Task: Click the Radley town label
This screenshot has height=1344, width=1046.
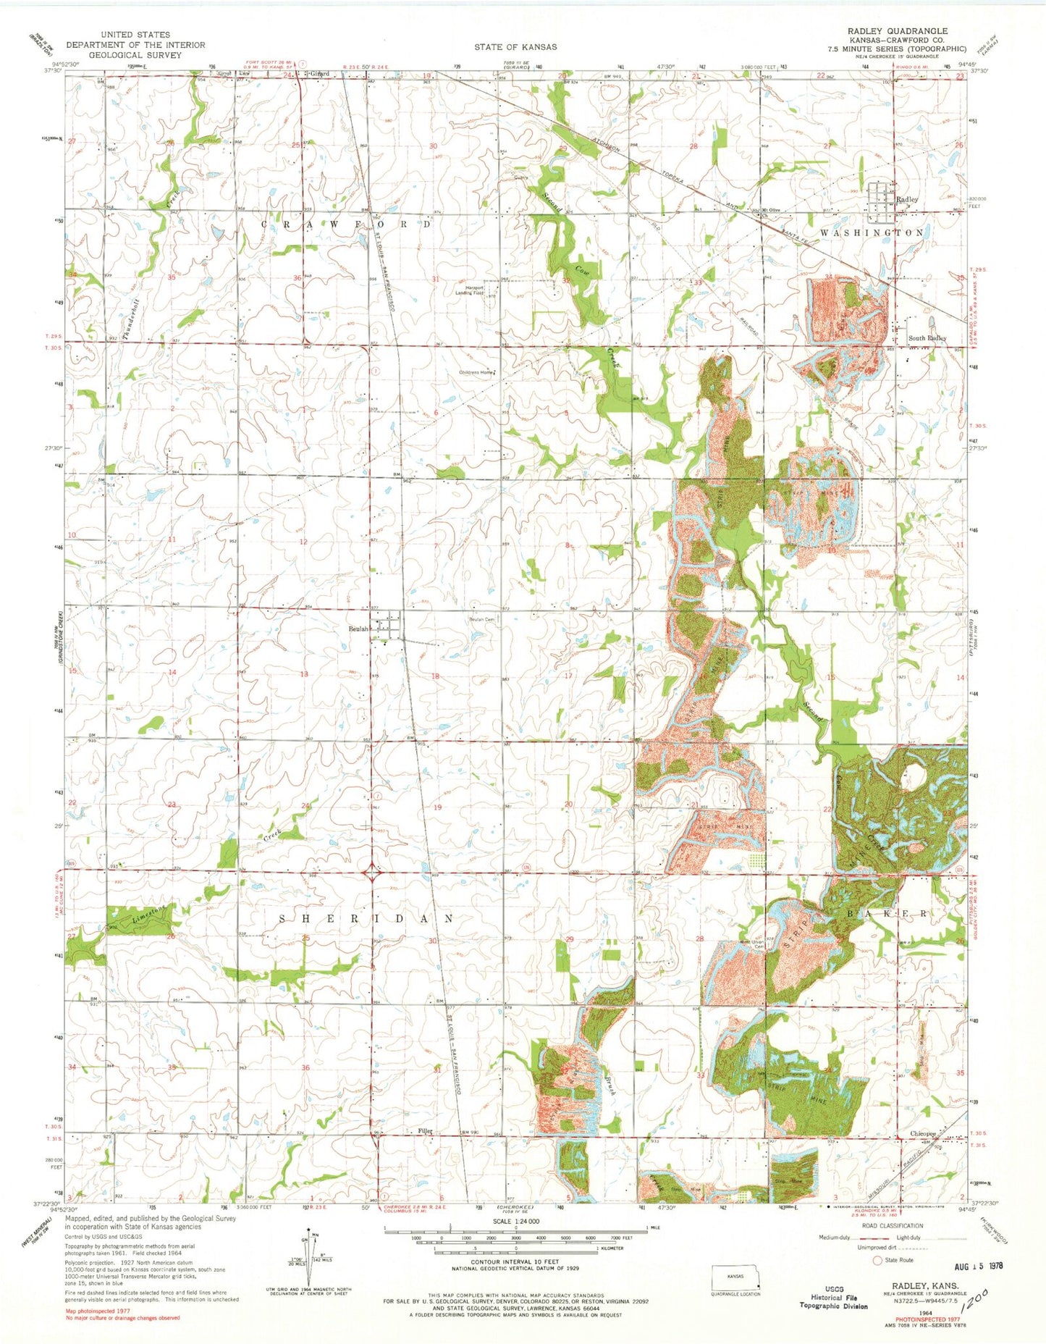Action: tap(907, 199)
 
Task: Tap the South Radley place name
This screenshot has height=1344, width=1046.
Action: tap(927, 338)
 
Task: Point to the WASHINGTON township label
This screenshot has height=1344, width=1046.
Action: tap(872, 233)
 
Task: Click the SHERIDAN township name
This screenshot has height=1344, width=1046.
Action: tap(367, 918)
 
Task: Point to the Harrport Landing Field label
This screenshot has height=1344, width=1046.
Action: tap(474, 290)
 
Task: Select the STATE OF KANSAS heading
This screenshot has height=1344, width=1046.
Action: tap(515, 46)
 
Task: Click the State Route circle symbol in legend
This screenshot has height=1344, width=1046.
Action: tap(878, 1260)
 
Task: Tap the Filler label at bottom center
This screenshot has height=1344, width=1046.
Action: tap(425, 1131)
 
